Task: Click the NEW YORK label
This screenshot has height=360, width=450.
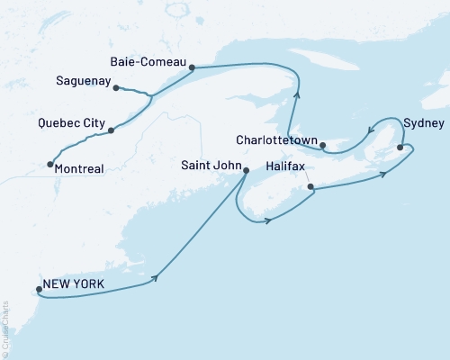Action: [76, 284]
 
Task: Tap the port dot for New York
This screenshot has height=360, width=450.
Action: [38, 290]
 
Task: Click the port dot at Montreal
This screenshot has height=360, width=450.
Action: [49, 164]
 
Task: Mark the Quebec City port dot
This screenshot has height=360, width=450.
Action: [111, 130]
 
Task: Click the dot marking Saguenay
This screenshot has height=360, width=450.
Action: [117, 87]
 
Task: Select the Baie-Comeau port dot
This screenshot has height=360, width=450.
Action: [192, 67]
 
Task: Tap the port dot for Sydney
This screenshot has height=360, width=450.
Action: [400, 147]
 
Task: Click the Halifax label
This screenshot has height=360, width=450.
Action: [288, 167]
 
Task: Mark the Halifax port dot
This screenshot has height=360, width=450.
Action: [310, 187]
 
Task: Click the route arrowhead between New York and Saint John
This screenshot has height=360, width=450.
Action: [158, 278]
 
